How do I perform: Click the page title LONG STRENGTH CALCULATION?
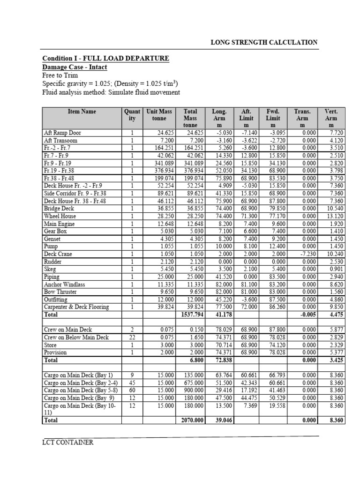264,42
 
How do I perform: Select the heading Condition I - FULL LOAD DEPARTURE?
105,58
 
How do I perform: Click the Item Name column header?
82,112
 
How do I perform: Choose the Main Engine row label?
59,224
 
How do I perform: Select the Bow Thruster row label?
60,292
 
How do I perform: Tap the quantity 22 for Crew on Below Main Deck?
133,337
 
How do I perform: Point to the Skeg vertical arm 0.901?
336,269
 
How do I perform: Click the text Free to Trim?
60,75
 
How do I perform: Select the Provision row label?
55,352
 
